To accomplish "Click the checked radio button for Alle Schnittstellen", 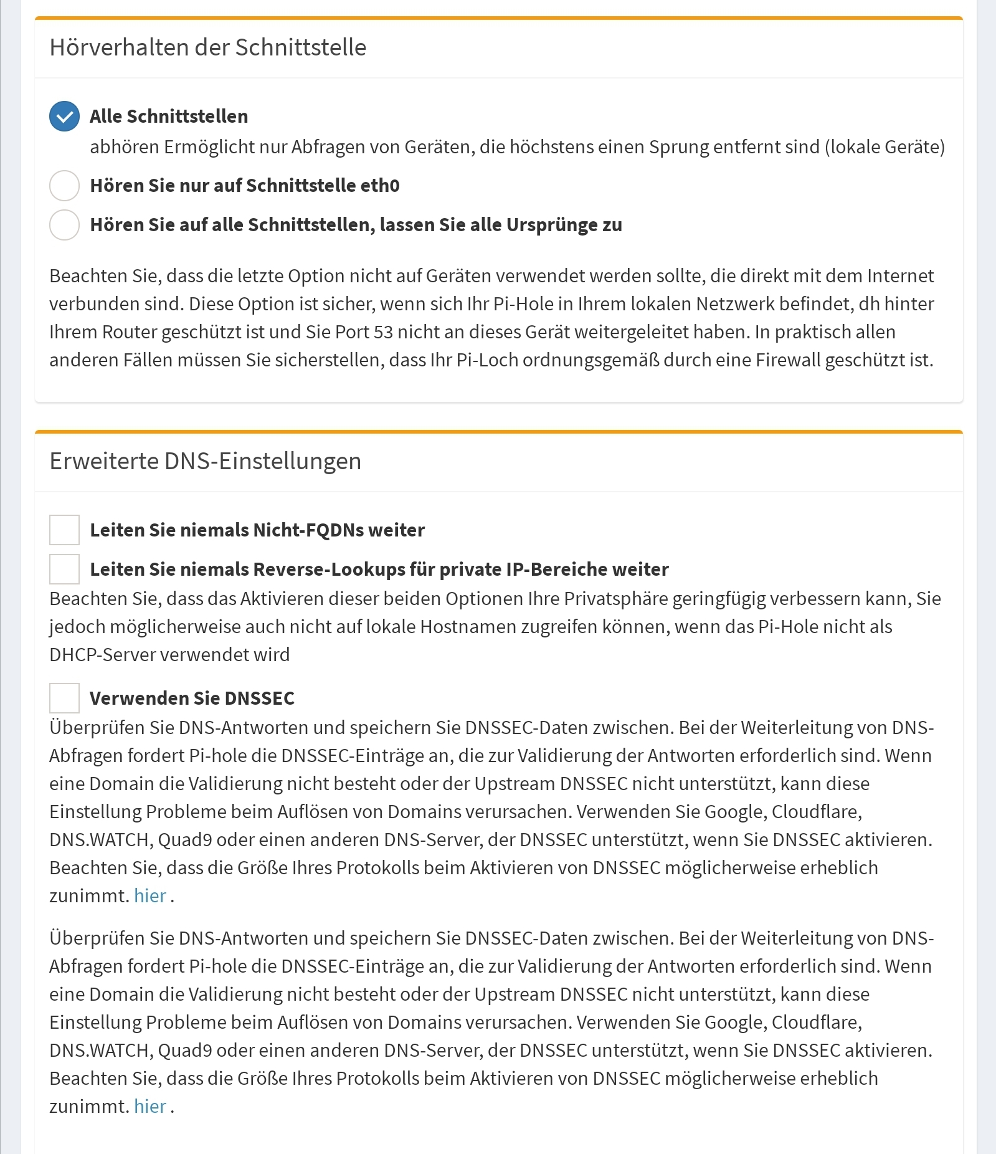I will [64, 117].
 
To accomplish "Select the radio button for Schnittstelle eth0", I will [64, 186].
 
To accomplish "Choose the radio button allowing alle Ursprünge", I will [64, 225].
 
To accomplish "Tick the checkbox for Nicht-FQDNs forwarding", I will [64, 530].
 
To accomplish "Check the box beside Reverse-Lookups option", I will [64, 569].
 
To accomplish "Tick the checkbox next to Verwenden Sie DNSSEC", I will [64, 698].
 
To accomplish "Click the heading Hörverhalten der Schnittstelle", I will [207, 47].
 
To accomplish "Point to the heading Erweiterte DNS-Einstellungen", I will [205, 461].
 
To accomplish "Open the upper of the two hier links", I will [150, 895].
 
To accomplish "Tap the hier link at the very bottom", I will [150, 1106].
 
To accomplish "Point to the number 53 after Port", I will [383, 332].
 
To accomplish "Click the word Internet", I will [900, 276].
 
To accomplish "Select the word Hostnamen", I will [468, 627].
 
